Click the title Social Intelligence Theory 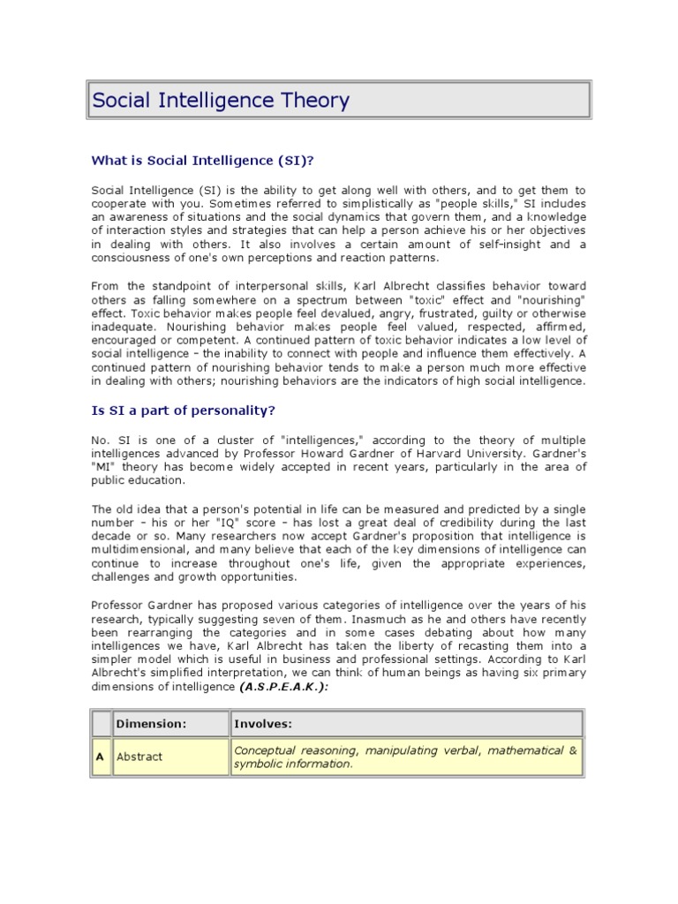[222, 101]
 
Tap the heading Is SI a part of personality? [190, 411]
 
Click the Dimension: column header [151, 724]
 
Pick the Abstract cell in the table [139, 757]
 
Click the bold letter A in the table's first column [100, 757]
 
